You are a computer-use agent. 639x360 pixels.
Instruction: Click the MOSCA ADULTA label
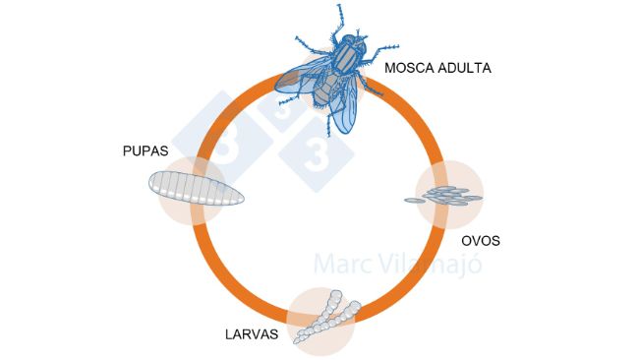[437, 69]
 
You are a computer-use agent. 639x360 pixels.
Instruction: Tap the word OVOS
[482, 239]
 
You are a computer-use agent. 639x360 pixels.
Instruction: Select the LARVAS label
[252, 334]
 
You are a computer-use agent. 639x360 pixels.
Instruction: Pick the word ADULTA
[465, 69]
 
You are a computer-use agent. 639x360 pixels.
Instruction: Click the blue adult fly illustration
[334, 74]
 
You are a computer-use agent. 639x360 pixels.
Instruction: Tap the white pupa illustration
[194, 187]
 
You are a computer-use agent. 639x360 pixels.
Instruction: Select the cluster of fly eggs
[444, 197]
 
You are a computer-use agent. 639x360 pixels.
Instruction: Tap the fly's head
[351, 45]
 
